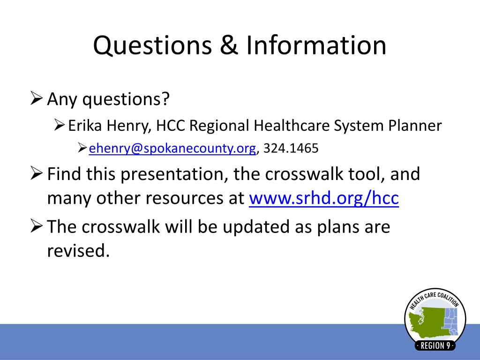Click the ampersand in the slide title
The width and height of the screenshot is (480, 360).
(229, 45)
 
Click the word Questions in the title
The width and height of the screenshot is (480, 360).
(152, 45)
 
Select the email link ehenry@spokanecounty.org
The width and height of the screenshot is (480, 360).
(172, 148)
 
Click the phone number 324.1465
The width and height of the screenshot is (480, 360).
(291, 148)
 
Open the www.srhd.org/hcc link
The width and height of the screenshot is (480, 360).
(324, 198)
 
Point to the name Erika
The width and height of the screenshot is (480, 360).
(85, 126)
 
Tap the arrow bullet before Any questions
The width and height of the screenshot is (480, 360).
(37, 98)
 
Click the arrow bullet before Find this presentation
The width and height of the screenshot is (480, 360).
(37, 173)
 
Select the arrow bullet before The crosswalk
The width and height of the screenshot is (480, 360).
(37, 226)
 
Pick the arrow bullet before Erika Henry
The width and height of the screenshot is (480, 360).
(60, 125)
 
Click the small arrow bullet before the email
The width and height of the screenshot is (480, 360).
(82, 148)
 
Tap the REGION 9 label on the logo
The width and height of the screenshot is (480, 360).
(435, 345)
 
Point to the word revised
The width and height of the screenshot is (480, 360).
(78, 251)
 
